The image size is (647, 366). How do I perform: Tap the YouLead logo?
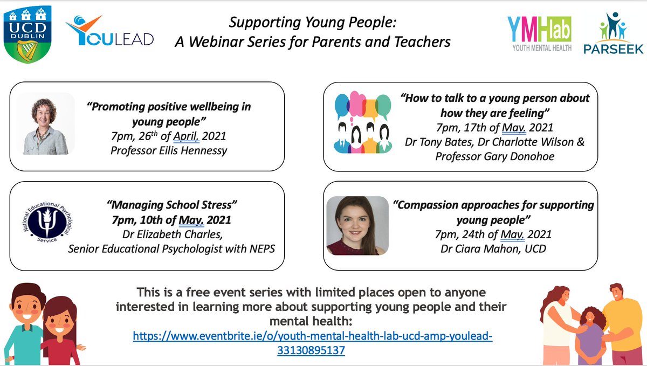pyautogui.click(x=110, y=32)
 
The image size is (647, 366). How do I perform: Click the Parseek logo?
pyautogui.click(x=613, y=34)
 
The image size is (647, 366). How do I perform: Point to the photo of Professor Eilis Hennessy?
pyautogui.click(x=46, y=123)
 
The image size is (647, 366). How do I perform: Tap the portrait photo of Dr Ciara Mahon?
pyautogui.click(x=357, y=225)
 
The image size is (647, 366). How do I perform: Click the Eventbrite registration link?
pyautogui.click(x=313, y=343)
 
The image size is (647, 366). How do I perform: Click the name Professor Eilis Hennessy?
pyautogui.click(x=168, y=150)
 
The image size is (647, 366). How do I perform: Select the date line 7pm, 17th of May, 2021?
pyautogui.click(x=494, y=128)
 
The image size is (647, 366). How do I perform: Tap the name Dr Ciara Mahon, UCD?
pyautogui.click(x=494, y=249)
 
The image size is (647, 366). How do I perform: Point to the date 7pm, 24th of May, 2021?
pyautogui.click(x=494, y=234)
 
